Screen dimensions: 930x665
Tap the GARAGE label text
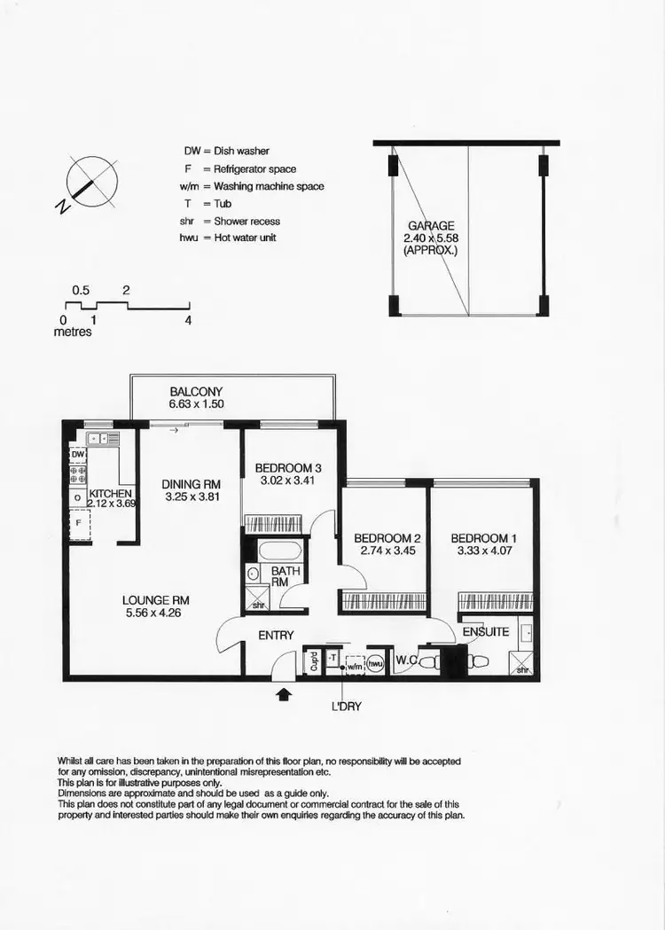[432, 226]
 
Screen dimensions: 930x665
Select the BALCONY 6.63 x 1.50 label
[196, 398]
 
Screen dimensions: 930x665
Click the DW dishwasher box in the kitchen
[78, 454]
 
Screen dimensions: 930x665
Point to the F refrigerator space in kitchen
[78, 523]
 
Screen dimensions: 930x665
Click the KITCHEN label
[111, 494]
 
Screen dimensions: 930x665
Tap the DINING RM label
[191, 484]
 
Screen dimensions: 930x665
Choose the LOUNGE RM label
[156, 600]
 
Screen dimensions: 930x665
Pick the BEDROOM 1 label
[481, 538]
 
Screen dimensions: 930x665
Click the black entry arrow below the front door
[284, 694]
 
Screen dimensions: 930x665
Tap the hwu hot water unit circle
[376, 661]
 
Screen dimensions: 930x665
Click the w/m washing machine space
[354, 664]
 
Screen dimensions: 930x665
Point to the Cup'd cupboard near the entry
[313, 662]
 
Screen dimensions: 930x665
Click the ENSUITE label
[486, 631]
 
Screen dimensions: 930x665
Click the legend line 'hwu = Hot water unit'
[228, 238]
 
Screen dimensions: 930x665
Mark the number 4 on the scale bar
[188, 321]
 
